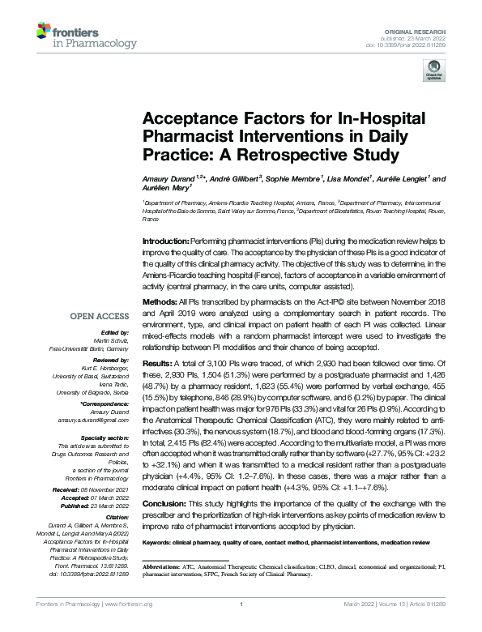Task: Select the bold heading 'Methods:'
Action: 160,299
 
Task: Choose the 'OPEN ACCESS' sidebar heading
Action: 100,316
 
